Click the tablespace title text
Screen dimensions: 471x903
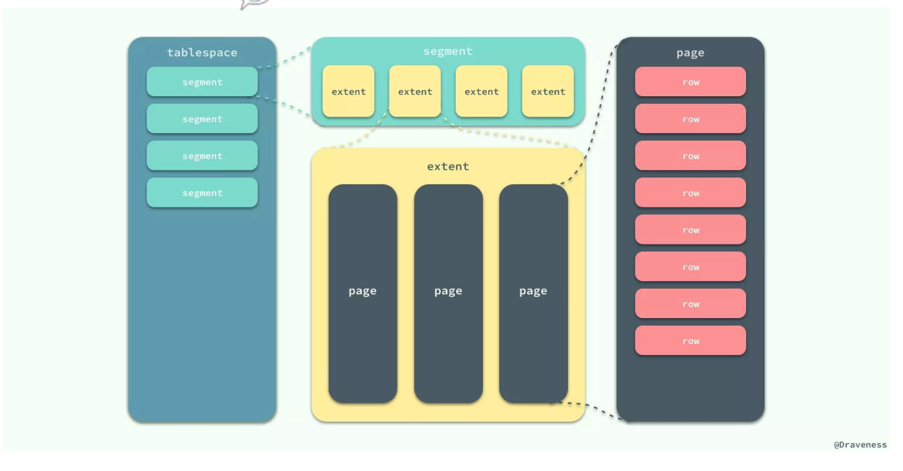pos(202,53)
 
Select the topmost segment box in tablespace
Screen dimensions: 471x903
pos(202,82)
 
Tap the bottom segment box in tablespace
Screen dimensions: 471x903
pos(202,192)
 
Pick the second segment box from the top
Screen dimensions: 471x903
pos(202,119)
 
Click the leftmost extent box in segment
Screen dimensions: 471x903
pos(349,91)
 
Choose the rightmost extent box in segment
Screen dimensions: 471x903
pos(548,91)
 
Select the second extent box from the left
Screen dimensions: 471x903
pos(415,91)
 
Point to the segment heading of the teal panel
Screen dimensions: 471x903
pos(447,51)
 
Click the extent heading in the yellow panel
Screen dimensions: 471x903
pos(447,167)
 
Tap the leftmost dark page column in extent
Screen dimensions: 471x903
pos(362,294)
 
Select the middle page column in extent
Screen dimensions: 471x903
pos(448,294)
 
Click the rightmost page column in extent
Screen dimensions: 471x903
pos(533,294)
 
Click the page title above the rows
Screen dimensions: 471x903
pos(690,53)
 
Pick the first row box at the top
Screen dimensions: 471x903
pos(690,82)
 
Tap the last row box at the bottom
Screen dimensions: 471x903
pos(690,341)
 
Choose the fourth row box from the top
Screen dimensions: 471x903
pos(690,192)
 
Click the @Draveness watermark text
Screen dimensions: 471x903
pos(860,445)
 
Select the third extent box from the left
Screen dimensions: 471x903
pos(482,91)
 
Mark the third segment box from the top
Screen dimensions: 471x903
pos(202,156)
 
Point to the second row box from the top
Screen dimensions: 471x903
pos(690,119)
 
